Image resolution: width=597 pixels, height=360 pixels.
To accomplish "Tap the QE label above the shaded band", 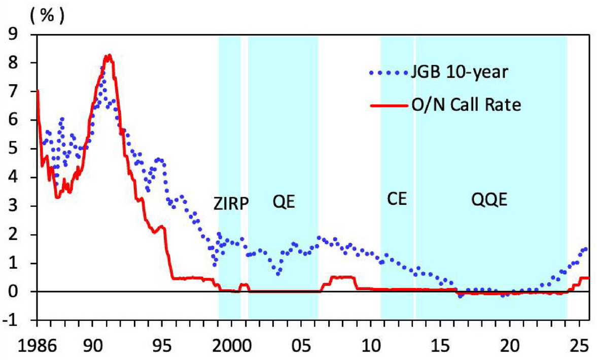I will (283, 202).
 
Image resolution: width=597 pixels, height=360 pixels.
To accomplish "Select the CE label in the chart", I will (397, 199).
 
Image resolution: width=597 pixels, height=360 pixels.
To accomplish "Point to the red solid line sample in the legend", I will (388, 105).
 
